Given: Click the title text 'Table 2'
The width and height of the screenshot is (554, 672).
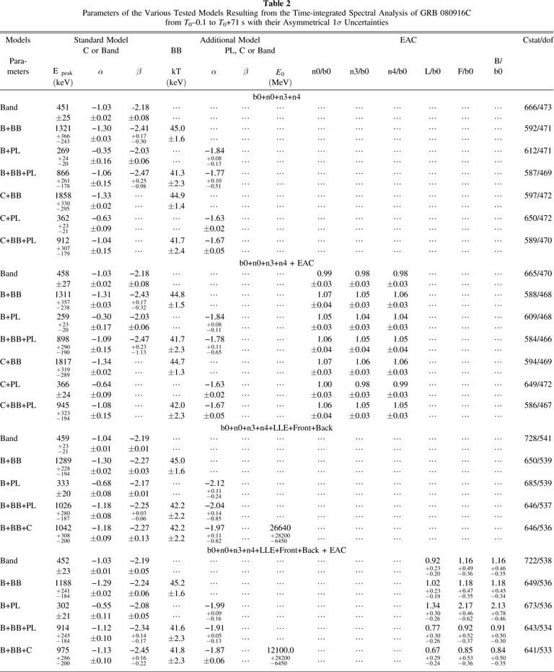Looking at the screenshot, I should pyautogui.click(x=277, y=4).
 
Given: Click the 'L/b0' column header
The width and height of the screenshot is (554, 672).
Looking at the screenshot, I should pyautogui.click(x=433, y=72).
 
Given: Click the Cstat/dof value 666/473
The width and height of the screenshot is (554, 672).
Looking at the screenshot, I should pyautogui.click(x=535, y=108).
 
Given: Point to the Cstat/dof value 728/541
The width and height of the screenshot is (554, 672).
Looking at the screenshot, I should pyautogui.click(x=535, y=438).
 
